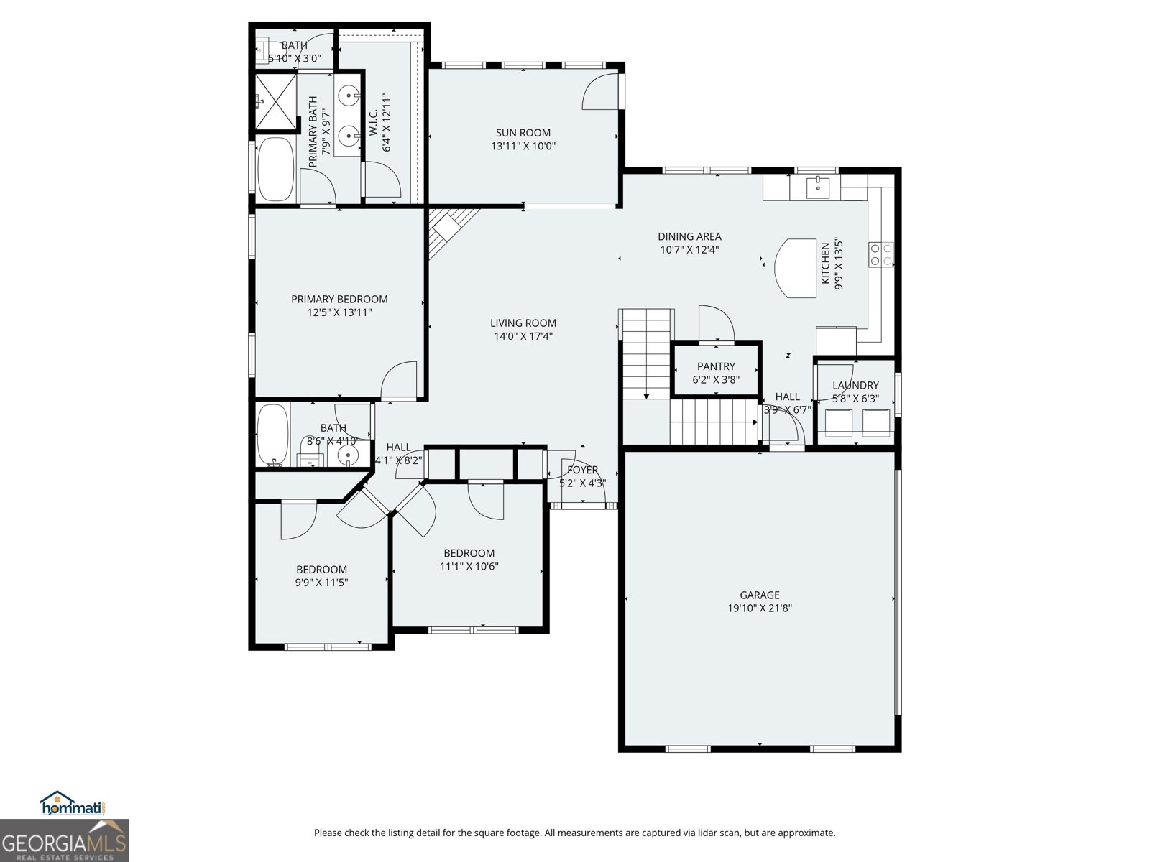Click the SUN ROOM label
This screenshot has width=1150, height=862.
(x=523, y=132)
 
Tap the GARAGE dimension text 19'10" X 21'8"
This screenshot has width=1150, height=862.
(x=759, y=608)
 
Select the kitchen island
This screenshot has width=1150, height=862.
(x=795, y=268)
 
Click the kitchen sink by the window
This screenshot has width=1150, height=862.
(x=818, y=187)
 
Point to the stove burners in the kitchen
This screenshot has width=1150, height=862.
(x=881, y=255)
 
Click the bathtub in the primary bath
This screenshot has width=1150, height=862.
(x=275, y=170)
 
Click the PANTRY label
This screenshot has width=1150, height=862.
(x=716, y=366)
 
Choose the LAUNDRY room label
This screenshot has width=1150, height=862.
(x=855, y=385)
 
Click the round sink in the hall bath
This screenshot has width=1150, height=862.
(x=349, y=455)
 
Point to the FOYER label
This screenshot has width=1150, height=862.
(x=582, y=470)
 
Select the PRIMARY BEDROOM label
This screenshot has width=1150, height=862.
(x=339, y=299)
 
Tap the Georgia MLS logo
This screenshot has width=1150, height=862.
(x=65, y=840)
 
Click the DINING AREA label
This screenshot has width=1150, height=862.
(x=689, y=236)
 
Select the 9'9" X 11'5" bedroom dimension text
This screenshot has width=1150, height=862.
(x=321, y=583)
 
